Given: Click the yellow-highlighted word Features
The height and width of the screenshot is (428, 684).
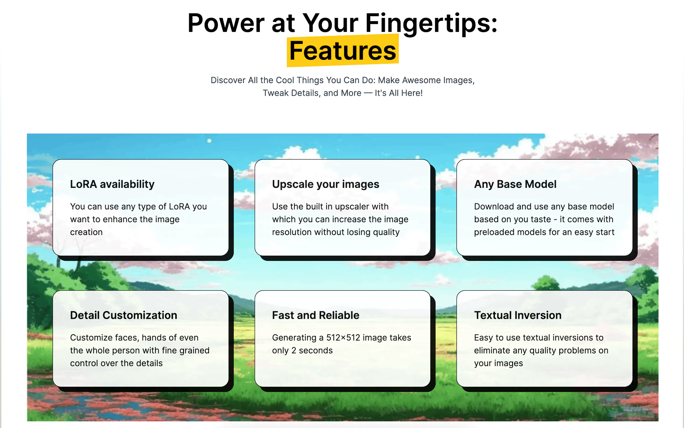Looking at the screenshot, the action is pyautogui.click(x=343, y=51).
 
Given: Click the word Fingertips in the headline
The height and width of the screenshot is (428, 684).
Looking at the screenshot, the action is pyautogui.click(x=431, y=24).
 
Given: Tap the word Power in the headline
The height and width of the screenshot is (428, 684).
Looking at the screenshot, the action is pyautogui.click(x=226, y=23).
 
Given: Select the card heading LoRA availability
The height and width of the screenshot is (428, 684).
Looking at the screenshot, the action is pyautogui.click(x=112, y=184).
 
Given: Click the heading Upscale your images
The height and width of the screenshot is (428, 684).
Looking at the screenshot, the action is pyautogui.click(x=326, y=184).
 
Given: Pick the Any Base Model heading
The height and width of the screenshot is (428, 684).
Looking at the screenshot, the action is pyautogui.click(x=515, y=184).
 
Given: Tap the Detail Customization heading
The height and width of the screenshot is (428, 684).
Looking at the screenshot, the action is pyautogui.click(x=124, y=315).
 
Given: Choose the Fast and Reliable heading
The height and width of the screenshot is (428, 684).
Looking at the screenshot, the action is pyautogui.click(x=316, y=315).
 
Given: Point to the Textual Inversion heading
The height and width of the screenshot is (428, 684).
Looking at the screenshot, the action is pyautogui.click(x=518, y=315).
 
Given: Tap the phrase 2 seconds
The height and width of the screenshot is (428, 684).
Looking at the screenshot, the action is pyautogui.click(x=312, y=350).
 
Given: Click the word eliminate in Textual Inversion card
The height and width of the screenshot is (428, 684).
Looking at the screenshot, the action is pyautogui.click(x=492, y=350).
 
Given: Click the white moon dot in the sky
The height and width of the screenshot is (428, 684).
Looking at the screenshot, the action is pyautogui.click(x=209, y=141).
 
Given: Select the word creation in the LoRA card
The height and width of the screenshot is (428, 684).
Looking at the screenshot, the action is pyautogui.click(x=86, y=232).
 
